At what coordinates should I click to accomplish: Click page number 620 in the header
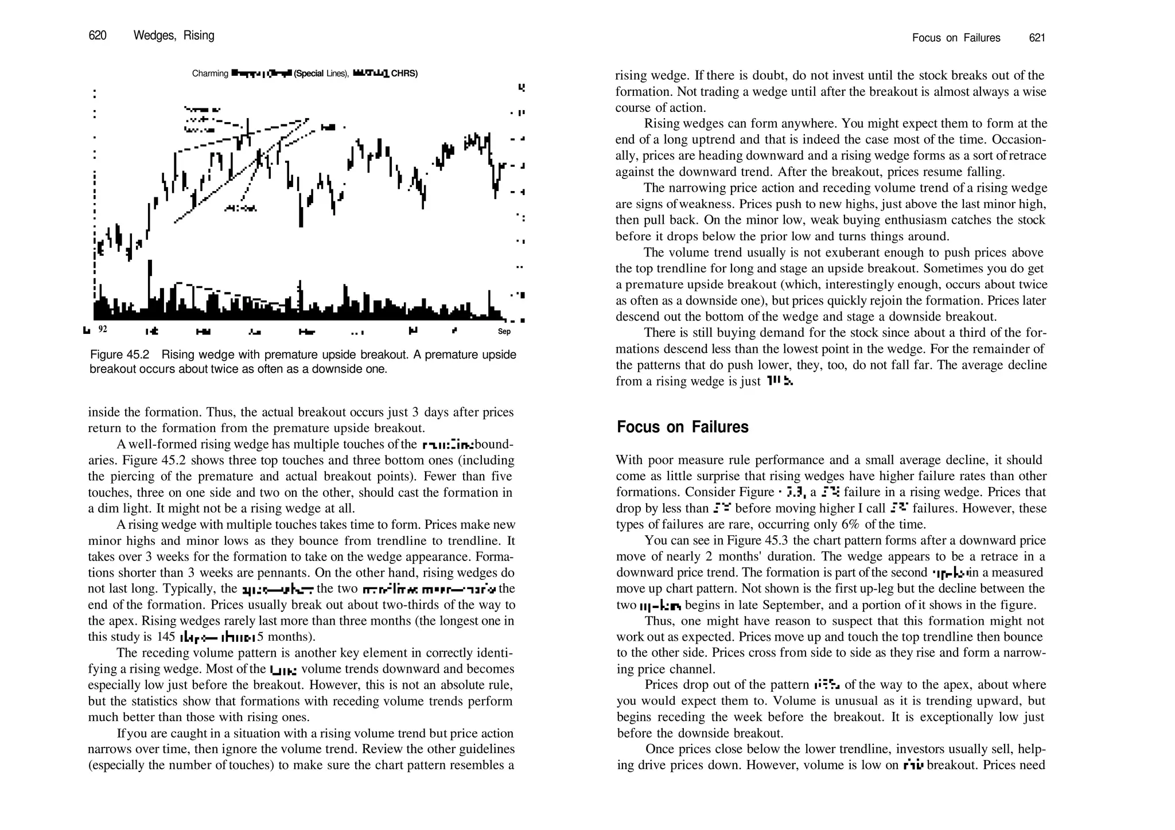pos(98,36)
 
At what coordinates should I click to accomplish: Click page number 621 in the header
pos(1037,38)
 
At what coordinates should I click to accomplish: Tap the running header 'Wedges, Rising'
pos(174,36)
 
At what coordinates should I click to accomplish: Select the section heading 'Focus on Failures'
pos(683,427)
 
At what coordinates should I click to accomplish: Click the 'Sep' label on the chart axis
pos(504,332)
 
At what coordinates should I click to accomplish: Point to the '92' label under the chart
pos(103,329)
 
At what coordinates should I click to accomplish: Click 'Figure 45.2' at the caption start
pos(119,355)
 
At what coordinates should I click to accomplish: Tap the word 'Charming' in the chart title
pos(210,73)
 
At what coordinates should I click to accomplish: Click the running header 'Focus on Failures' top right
pos(956,38)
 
